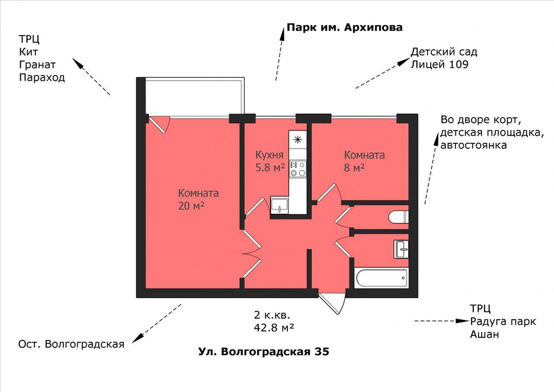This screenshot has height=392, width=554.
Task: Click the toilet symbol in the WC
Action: pyautogui.click(x=398, y=217)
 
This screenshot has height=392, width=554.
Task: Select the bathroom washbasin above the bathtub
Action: pyautogui.click(x=402, y=249)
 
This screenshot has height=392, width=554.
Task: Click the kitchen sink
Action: pyautogui.click(x=280, y=205)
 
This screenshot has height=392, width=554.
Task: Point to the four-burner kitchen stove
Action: pyautogui.click(x=297, y=169)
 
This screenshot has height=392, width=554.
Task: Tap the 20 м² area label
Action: pyautogui.click(x=191, y=206)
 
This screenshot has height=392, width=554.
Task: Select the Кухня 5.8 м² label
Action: pyautogui.click(x=270, y=161)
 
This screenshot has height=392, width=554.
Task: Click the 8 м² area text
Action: pyautogui.click(x=355, y=167)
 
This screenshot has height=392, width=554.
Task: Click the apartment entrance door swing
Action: pyautogui.click(x=332, y=303)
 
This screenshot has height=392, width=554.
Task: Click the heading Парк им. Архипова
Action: pyautogui.click(x=344, y=27)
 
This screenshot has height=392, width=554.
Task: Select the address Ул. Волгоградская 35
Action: pyautogui.click(x=264, y=352)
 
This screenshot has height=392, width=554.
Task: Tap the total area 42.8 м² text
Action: pyautogui.click(x=274, y=328)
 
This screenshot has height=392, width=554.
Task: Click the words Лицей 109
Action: pyautogui.click(x=439, y=64)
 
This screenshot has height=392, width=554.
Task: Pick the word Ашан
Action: pyautogui.click(x=485, y=334)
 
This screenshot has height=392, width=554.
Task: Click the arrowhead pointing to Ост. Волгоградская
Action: pyautogui.click(x=137, y=338)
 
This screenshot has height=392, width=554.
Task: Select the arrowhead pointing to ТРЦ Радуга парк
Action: pyautogui.click(x=462, y=321)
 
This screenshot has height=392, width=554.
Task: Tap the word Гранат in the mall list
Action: pyautogui.click(x=38, y=64)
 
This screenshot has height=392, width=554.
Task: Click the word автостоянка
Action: pyautogui.click(x=473, y=145)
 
